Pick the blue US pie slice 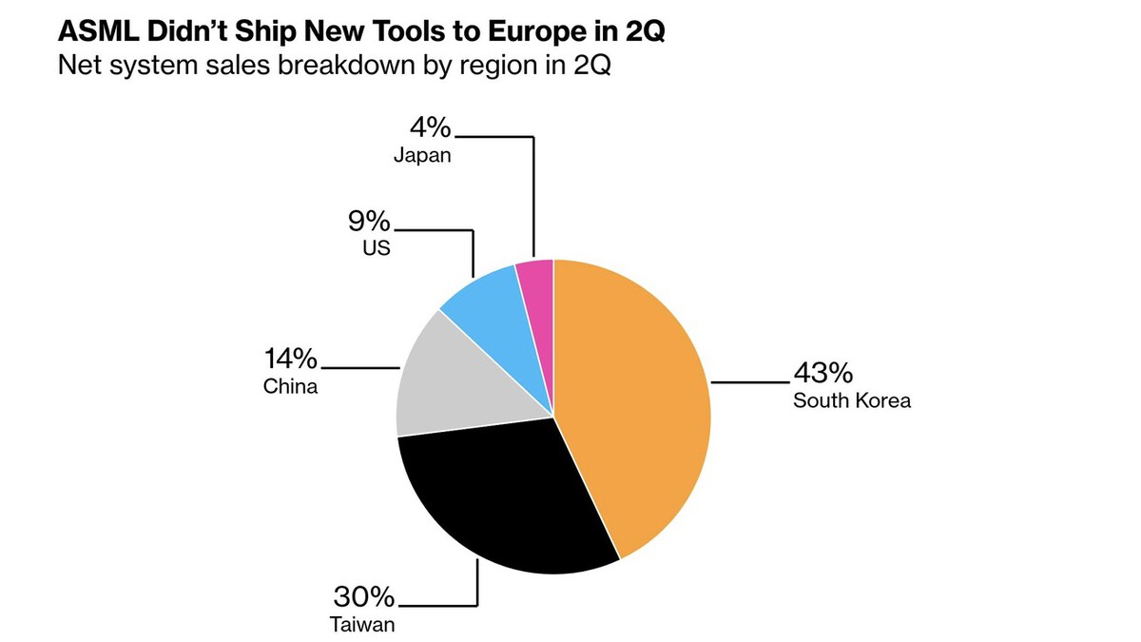(x=494, y=321)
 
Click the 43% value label (x=823, y=373)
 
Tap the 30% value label (x=364, y=596)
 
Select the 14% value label (x=290, y=359)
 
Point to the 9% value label (x=369, y=221)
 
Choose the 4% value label (x=431, y=127)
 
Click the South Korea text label (x=852, y=400)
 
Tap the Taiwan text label (x=362, y=625)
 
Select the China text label (x=290, y=387)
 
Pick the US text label (x=377, y=248)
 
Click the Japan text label (x=422, y=156)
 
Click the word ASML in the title (x=98, y=31)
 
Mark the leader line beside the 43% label (x=750, y=381)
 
